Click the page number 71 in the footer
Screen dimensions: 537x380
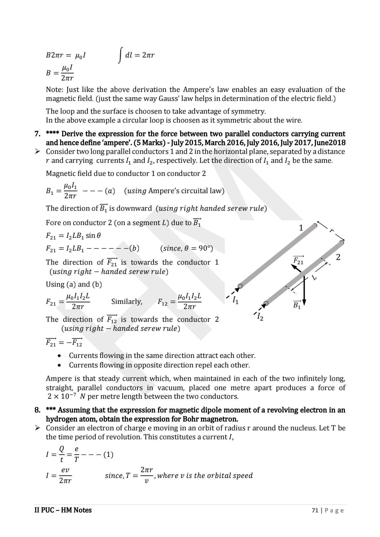pos(315,511)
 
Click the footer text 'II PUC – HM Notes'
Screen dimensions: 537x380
pos(63,510)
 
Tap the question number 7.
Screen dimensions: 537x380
pos(37,134)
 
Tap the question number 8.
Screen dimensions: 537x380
pos(37,410)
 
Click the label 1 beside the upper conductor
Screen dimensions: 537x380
pos(301,228)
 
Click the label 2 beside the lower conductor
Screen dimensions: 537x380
pos(338,257)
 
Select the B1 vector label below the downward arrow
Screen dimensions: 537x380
pos(297,305)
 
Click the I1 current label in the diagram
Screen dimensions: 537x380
pos(235,300)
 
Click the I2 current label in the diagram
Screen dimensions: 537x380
pos(260,317)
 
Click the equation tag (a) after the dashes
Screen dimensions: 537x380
pos(110,191)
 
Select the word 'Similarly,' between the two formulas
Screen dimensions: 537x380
pos(127,302)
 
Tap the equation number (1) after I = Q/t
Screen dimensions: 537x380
pos(108,454)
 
